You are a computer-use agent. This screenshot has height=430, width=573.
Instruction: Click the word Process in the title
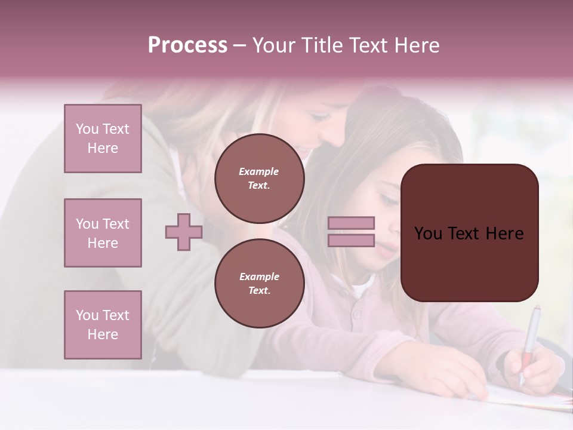point(187,45)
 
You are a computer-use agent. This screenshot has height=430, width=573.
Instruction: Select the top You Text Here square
point(103,139)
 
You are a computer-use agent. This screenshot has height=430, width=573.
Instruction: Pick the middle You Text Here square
point(103,233)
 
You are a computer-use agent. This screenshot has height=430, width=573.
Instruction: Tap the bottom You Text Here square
point(103,325)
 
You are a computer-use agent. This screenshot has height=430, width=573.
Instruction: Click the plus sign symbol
point(184,232)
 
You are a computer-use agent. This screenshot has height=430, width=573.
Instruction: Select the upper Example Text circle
point(259,179)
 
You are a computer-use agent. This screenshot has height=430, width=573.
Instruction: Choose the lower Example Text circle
point(259,284)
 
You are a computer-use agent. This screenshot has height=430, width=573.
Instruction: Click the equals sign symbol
point(351,232)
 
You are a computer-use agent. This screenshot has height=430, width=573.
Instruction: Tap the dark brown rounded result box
point(469,233)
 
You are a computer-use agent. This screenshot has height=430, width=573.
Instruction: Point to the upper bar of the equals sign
point(351,223)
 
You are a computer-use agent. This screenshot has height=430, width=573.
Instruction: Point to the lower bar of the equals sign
point(351,241)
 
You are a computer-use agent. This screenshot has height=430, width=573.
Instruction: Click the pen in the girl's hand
point(529,340)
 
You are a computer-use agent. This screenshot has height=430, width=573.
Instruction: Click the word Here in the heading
point(415,45)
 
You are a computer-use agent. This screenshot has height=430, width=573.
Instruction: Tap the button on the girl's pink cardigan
point(358,314)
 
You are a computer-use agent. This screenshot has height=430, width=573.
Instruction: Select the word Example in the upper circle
point(259,171)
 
